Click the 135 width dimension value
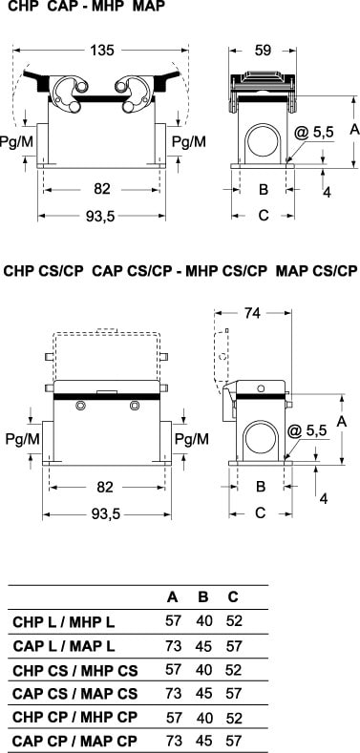[101, 51]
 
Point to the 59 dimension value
[263, 51]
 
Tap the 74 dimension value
[252, 313]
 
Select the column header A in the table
[173, 596]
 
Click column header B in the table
[203, 596]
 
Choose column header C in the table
[233, 596]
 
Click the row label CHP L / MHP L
[64, 622]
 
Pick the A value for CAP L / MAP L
[173, 646]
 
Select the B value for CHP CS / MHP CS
[203, 669]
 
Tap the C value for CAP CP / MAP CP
[234, 741]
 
